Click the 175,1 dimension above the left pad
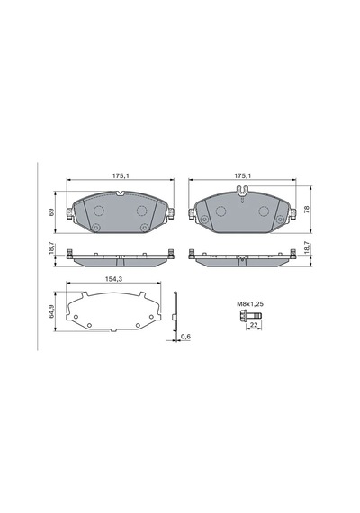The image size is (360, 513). (x=121, y=176)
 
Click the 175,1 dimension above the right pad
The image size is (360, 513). (x=243, y=176)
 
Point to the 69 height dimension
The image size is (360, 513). (x=50, y=212)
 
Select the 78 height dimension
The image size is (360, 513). (x=307, y=210)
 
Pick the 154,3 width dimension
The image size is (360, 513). (x=113, y=279)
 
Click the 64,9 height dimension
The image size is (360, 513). (x=51, y=311)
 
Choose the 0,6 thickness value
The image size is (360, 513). (x=186, y=337)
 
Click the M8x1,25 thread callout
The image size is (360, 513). (x=250, y=304)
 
